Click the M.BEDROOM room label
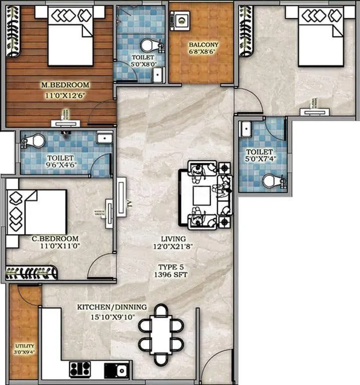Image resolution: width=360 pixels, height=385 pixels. [x=65, y=85]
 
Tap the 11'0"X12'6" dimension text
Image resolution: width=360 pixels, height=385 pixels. [x=65, y=93]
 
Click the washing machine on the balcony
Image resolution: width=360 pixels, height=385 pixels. [x=181, y=21]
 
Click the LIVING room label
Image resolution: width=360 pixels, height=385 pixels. [x=173, y=239]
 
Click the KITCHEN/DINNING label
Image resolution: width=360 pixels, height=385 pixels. [x=112, y=307]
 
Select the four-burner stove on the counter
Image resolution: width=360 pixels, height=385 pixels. [x=80, y=370]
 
